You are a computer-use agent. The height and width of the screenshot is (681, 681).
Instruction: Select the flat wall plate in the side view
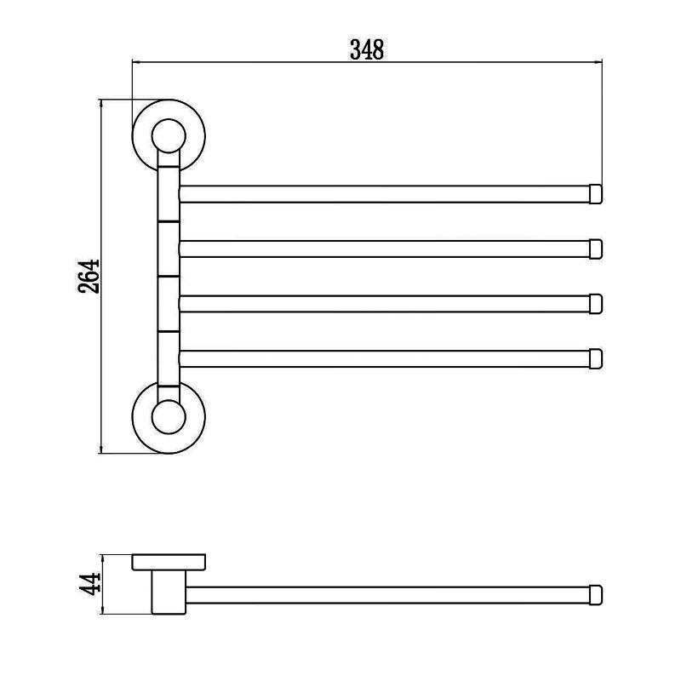(x=169, y=563)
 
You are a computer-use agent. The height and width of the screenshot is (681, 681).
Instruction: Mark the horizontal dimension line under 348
(x=255, y=61)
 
